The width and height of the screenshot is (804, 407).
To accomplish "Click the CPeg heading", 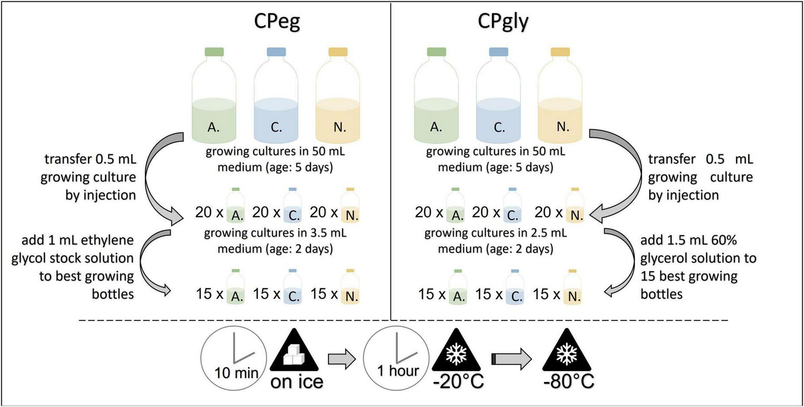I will click(277, 21).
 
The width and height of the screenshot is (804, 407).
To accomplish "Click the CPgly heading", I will click(503, 21).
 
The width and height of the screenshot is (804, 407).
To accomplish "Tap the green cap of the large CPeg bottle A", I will click(214, 52).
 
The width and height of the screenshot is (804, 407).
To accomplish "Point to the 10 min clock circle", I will click(234, 358).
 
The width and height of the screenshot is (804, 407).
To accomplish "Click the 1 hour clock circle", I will click(396, 358).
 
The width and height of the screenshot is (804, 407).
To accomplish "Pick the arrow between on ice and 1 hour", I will click(342, 359).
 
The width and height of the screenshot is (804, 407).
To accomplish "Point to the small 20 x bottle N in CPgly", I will click(575, 206).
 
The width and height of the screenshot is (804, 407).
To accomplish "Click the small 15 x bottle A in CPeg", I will click(235, 288).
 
